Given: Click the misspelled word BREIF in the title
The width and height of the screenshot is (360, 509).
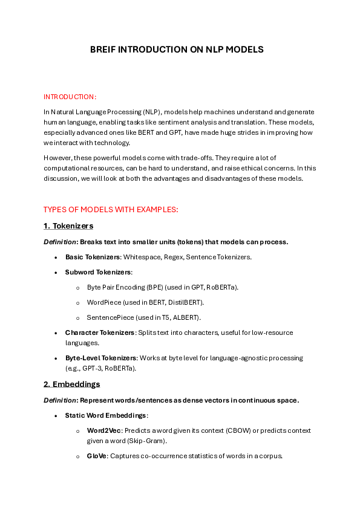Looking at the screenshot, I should pyautogui.click(x=103, y=50).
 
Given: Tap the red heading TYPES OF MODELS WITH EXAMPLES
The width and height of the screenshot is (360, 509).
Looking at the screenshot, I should pyautogui.click(x=111, y=210).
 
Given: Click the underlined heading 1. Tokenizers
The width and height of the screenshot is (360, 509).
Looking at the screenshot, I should pyautogui.click(x=68, y=225).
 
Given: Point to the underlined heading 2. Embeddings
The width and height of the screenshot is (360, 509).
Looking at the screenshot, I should pyautogui.click(x=71, y=384).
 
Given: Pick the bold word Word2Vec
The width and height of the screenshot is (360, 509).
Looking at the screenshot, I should pyautogui.click(x=103, y=430).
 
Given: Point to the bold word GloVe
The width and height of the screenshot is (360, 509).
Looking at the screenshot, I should pyautogui.click(x=97, y=455).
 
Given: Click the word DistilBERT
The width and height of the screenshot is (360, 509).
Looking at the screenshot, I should pyautogui.click(x=184, y=302).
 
